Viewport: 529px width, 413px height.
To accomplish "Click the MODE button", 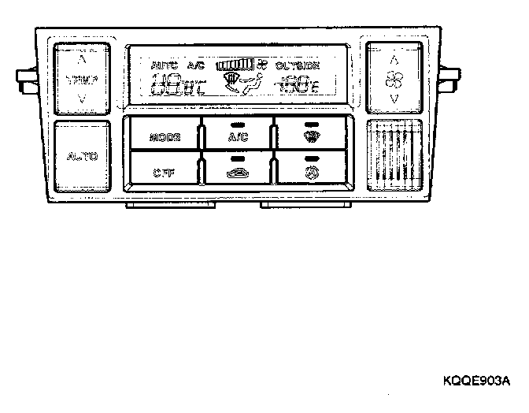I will pyautogui.click(x=164, y=137).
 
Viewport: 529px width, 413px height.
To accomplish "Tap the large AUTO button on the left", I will pyautogui.click(x=82, y=157).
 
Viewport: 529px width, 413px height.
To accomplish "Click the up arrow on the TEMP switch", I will pyautogui.click(x=82, y=59).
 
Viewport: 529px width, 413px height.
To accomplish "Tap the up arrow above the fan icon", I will pyautogui.click(x=394, y=58).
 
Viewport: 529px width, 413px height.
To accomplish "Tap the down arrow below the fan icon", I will pyautogui.click(x=394, y=99).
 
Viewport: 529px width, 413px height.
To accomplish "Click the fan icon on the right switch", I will pyautogui.click(x=394, y=79).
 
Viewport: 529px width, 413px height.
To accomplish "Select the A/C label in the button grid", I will pyautogui.click(x=237, y=137).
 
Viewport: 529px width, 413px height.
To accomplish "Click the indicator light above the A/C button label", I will pyautogui.click(x=237, y=125).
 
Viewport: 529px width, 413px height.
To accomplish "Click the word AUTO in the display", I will pyautogui.click(x=164, y=65).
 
